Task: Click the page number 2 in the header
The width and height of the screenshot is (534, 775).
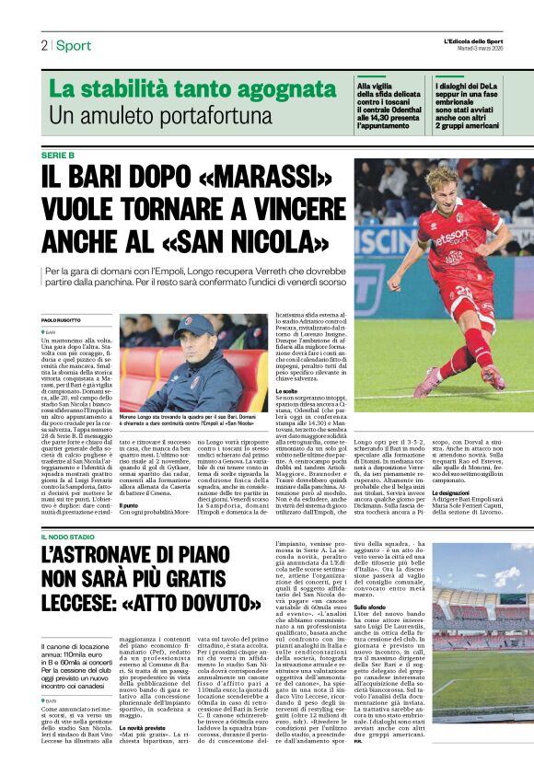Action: coord(43,45)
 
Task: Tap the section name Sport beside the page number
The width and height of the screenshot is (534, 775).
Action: coord(74,45)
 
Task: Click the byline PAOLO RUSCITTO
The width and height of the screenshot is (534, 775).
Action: coord(62,319)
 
